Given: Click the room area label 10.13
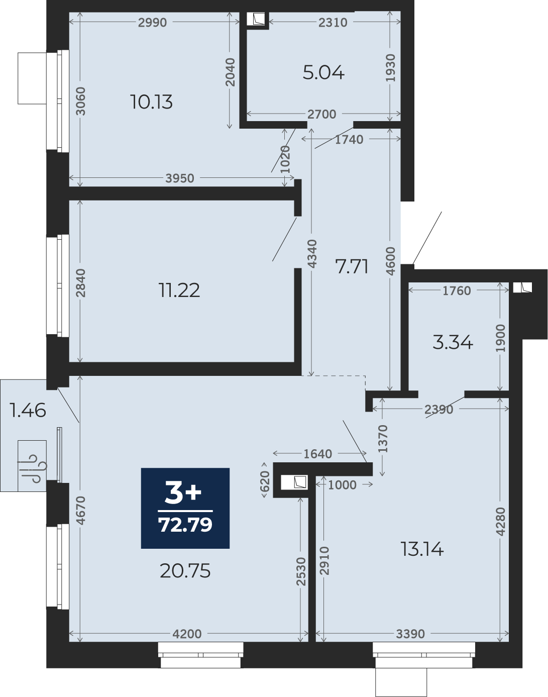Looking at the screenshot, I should coord(151,102).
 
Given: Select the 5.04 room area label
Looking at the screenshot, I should coord(323,73).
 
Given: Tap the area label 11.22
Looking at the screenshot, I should coord(179,290).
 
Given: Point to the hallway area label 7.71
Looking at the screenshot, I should coord(352,267).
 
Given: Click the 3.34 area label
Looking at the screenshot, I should coord(453,343).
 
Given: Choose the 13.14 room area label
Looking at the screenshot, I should coord(422,549).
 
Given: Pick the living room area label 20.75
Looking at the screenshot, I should coord(185,571).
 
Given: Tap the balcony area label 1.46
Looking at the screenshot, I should coord(28,411).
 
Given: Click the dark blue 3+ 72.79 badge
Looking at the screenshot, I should coord(185,508).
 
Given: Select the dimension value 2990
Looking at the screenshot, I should coord(152,23).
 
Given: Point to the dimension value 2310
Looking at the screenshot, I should coord(333,23).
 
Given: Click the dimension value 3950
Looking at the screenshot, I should coord(179,178).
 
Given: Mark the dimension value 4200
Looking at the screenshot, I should coord(187,634).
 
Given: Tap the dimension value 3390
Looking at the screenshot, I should coord(410,634).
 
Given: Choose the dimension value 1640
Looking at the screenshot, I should coord(317,454).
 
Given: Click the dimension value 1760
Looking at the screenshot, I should coord(457,291).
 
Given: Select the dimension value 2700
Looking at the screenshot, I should coord(321,115).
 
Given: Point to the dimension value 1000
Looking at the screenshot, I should coord(342,485).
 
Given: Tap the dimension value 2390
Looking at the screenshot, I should coord(439,410).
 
